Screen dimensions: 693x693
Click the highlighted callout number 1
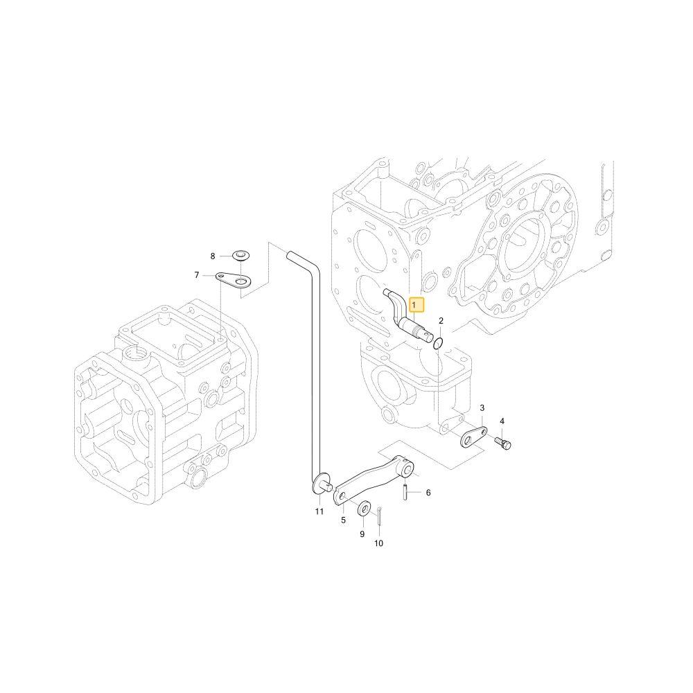tap(414, 305)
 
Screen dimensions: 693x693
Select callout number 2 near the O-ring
tap(441, 321)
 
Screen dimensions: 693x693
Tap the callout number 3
tap(482, 407)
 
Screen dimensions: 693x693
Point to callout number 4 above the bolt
tap(502, 421)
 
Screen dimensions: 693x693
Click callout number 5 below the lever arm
tap(344, 520)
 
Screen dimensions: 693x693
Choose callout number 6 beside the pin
tap(428, 492)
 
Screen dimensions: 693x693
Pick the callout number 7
tap(197, 275)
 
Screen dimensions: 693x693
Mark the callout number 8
tap(213, 256)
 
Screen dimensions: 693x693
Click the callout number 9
tap(362, 534)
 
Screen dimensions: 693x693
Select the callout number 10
tap(379, 543)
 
